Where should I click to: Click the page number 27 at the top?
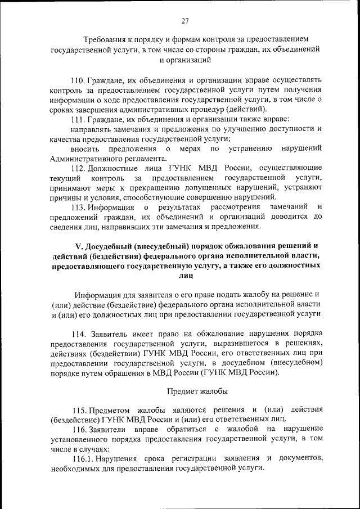[x=185, y=21]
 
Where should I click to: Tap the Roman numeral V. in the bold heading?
[x=79, y=246]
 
